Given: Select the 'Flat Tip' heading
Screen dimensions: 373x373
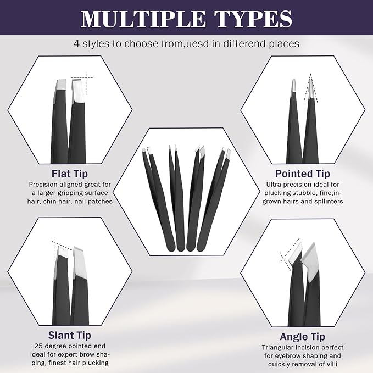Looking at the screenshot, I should [x=69, y=174].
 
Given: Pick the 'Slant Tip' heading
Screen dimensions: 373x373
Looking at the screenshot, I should [x=69, y=335].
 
